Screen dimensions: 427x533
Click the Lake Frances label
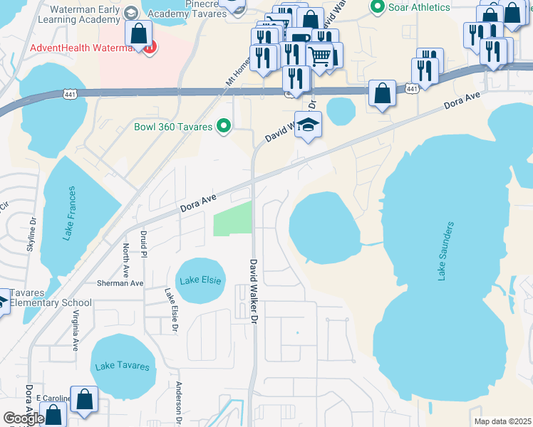click(69, 213)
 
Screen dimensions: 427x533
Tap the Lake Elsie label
click(200, 280)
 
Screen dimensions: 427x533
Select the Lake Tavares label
click(122, 366)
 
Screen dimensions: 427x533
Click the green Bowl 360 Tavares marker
click(224, 127)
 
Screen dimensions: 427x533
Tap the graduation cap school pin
click(308, 125)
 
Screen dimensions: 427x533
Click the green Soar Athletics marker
click(378, 7)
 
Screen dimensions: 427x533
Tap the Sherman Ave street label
click(121, 283)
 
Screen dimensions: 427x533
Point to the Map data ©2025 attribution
click(502, 421)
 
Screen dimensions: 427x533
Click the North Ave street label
click(126, 260)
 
